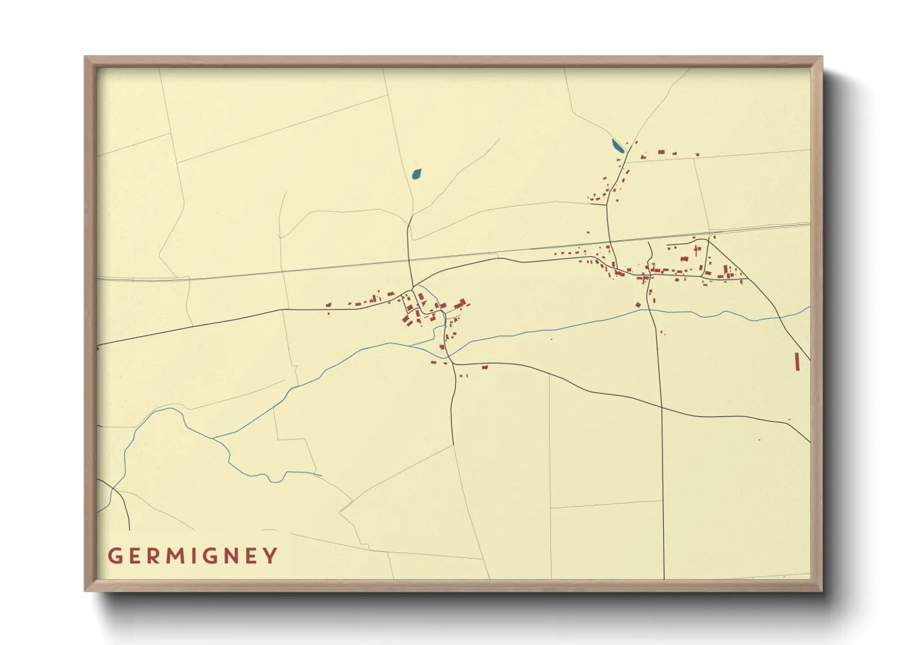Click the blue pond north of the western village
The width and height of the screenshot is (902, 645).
416,174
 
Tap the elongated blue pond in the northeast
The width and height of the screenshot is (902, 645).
617,146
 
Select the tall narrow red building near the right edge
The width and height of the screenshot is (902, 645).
797,361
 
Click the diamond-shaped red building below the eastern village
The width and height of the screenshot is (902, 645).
638,305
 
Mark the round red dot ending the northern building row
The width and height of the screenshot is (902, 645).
697,155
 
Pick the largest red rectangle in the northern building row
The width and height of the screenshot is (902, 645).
661,152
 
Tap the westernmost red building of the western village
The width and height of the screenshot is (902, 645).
328,305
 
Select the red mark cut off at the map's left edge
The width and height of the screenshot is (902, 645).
98,348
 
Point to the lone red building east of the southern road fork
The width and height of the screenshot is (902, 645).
485,367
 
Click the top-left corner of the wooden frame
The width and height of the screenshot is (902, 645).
85,57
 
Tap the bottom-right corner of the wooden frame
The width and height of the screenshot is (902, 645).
822,590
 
